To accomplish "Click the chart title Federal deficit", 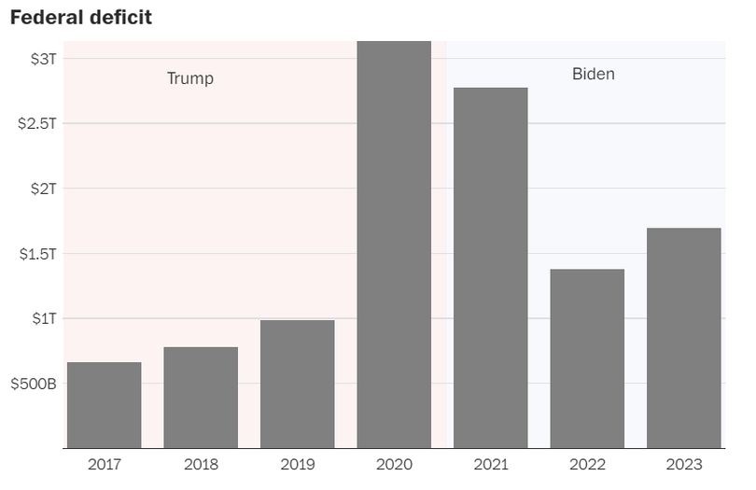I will (80, 18).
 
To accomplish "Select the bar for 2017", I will (104, 405).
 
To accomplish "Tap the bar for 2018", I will (201, 398).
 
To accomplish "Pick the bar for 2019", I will (297, 385).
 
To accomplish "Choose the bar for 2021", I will (490, 268).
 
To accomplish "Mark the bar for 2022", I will (587, 358).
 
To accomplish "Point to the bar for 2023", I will (683, 338).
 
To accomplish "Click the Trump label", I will (190, 78).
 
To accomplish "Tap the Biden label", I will (594, 74).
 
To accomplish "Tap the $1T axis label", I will (43, 318).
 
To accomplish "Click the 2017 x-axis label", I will (104, 464).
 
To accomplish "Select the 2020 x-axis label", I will (394, 464).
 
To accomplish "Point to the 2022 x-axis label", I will (587, 464).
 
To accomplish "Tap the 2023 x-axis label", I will (683, 464).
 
